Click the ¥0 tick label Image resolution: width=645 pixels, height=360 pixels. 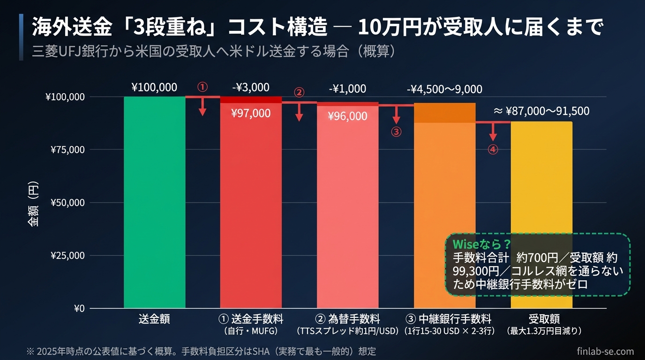click(x=79, y=308)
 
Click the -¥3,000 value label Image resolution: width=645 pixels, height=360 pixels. click(x=251, y=88)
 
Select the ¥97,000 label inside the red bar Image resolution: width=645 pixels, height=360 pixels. click(x=251, y=113)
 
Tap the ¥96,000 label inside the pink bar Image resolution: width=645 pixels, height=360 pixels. click(x=347, y=116)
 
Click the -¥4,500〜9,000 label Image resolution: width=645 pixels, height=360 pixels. click(x=444, y=89)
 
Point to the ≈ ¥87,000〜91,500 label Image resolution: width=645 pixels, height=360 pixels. click(x=541, y=111)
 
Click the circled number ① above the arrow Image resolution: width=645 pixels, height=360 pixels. click(x=202, y=87)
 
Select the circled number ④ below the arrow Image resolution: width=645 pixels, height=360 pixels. click(x=493, y=150)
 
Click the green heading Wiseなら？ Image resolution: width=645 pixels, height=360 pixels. click(x=481, y=244)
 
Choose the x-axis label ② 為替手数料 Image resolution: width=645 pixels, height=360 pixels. click(x=347, y=319)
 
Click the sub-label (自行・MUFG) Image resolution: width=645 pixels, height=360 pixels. click(x=251, y=331)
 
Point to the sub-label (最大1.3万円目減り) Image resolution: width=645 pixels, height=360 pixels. click(x=544, y=331)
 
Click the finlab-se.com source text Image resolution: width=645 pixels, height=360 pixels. click(x=605, y=351)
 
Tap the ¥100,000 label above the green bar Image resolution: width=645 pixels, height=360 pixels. click(x=154, y=88)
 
